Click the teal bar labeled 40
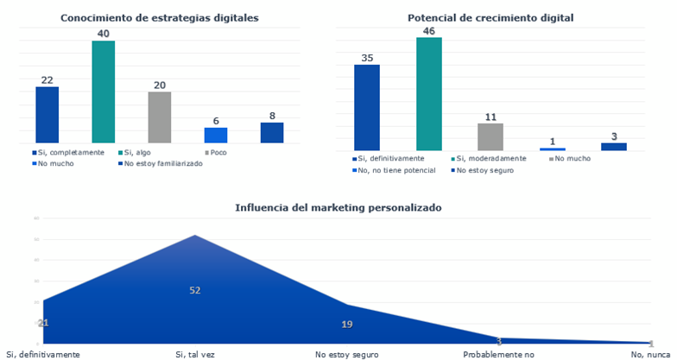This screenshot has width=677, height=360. pos(104,92)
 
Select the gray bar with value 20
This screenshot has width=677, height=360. pos(160,117)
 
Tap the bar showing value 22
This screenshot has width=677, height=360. pos(47,114)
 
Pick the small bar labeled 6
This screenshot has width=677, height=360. pos(216,135)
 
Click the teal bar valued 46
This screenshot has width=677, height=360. pos(429,93)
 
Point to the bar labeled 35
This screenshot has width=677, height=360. pos(367,107)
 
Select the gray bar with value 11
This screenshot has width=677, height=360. pos(490,136)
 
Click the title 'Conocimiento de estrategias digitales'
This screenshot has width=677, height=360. pos(160,17)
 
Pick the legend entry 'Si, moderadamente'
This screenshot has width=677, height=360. pos(493,159)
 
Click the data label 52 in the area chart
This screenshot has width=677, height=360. pos(195,290)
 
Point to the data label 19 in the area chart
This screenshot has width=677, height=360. pos(346,324)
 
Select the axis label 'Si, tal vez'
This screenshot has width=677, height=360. pos(195,354)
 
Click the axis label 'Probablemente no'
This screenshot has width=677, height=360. pos(498,354)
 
